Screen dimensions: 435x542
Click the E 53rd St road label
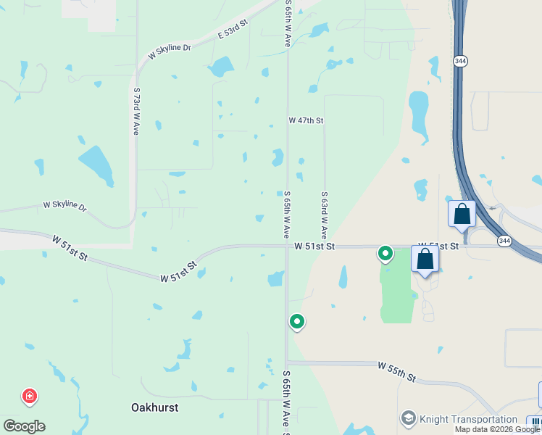pyautogui.click(x=233, y=30)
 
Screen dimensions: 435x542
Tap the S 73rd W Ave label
pyautogui.click(x=136, y=112)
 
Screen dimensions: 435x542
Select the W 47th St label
pyautogui.click(x=306, y=120)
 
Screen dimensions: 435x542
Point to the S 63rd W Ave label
pyautogui.click(x=325, y=215)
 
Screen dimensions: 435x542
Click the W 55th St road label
pyautogui.click(x=396, y=372)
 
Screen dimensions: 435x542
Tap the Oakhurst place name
pyautogui.click(x=155, y=407)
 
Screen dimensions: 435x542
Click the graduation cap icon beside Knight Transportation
pyautogui.click(x=408, y=419)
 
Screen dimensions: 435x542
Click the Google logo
pyautogui.click(x=24, y=426)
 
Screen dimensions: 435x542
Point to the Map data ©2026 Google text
pyautogui.click(x=497, y=429)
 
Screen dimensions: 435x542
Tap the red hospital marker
pyautogui.click(x=30, y=397)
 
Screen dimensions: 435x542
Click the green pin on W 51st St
pyautogui.click(x=385, y=254)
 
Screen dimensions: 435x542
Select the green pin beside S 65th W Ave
pyautogui.click(x=296, y=320)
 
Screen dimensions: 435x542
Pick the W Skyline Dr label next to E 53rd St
pyautogui.click(x=169, y=50)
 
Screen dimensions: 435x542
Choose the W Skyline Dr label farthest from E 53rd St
pyautogui.click(x=64, y=206)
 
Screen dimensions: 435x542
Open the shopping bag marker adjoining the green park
pyautogui.click(x=425, y=260)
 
